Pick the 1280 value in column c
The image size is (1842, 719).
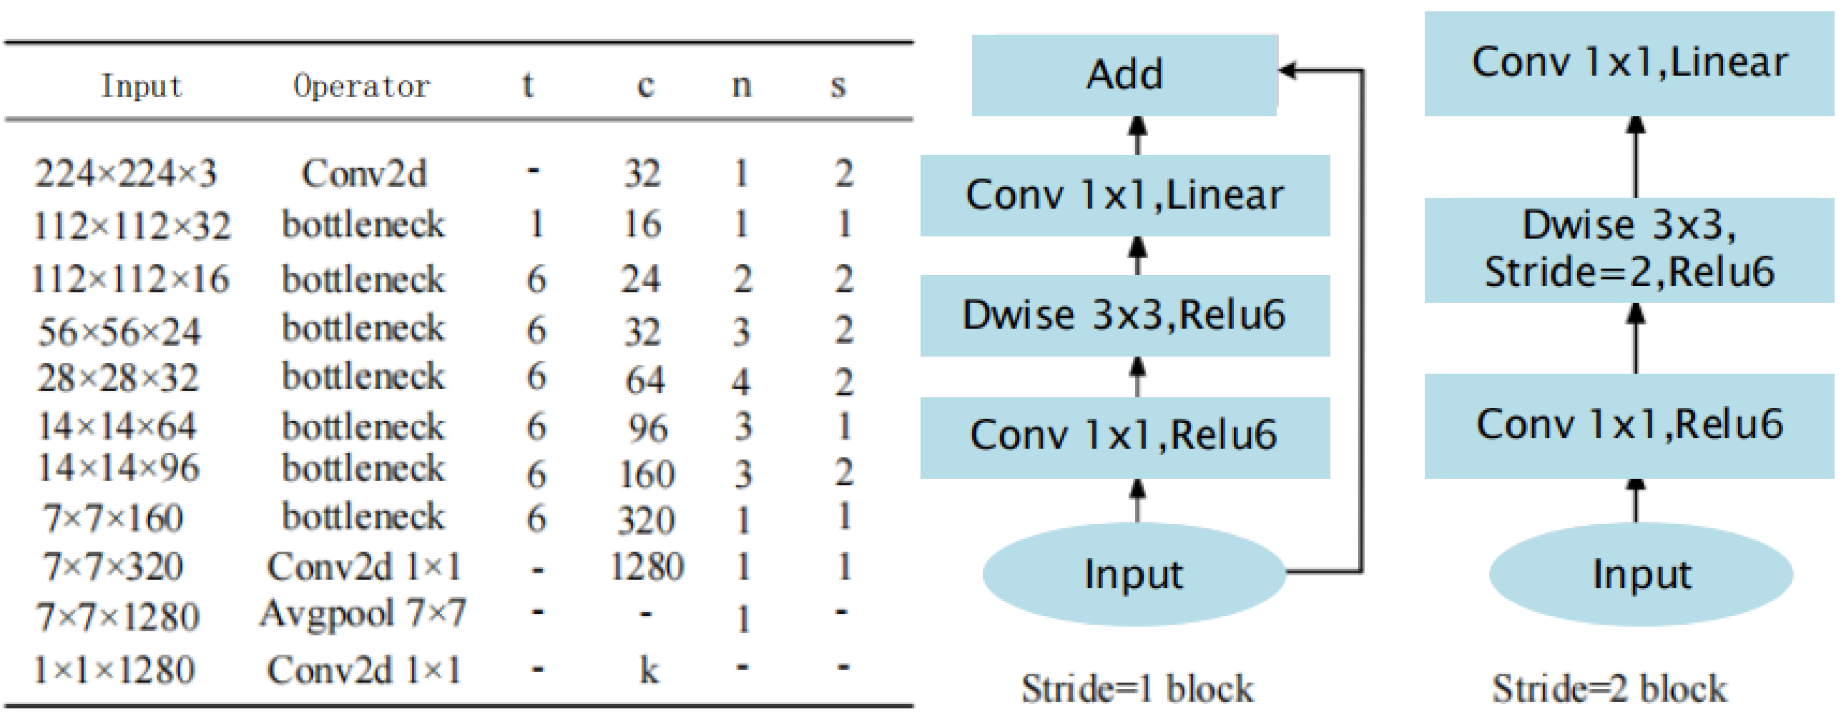(x=647, y=567)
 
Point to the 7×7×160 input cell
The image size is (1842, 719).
(x=113, y=518)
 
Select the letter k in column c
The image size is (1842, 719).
(x=648, y=670)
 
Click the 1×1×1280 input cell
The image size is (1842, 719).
(x=114, y=670)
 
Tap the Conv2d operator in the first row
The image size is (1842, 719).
(x=364, y=174)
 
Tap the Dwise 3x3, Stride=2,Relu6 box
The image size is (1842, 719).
(x=1629, y=249)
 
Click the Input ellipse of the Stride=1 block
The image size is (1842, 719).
(x=1133, y=574)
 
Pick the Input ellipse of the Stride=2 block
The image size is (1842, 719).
(x=1641, y=574)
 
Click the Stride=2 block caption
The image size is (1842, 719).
(x=1609, y=689)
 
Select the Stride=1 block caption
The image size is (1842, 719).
(x=1137, y=689)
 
